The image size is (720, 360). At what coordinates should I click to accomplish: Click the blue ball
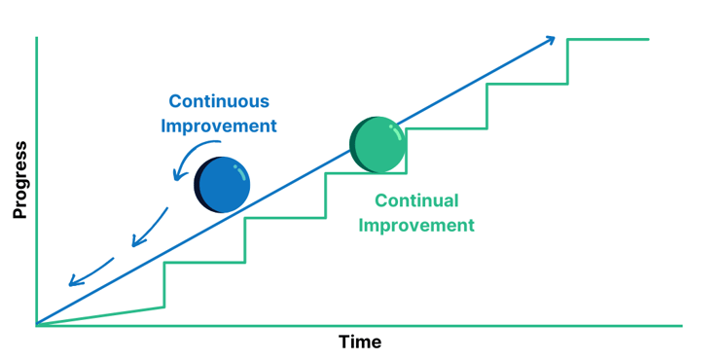tap(225, 184)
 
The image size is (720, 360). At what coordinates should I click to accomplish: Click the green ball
tap(379, 145)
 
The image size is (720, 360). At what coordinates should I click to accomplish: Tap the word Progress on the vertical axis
tap(19, 180)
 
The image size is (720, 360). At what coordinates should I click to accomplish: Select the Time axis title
tap(359, 342)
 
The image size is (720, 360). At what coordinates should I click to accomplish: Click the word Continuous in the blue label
tap(219, 101)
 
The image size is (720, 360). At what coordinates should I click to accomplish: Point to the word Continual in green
tap(416, 201)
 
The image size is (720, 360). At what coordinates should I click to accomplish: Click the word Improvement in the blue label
tap(219, 126)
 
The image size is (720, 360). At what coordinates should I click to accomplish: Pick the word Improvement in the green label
tap(416, 226)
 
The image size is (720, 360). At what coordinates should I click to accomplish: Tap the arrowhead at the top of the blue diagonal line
tap(552, 40)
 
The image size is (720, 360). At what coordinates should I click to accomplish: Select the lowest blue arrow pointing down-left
tap(89, 272)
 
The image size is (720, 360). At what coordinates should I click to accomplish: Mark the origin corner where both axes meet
tap(36, 325)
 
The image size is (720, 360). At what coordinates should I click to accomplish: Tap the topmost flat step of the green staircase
tap(608, 39)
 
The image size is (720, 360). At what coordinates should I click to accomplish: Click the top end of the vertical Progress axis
tap(36, 39)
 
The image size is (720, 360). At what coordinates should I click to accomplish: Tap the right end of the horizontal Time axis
tap(680, 326)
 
